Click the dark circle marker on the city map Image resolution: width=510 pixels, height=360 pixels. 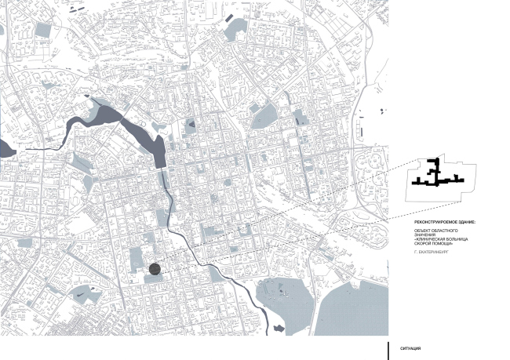[155, 269]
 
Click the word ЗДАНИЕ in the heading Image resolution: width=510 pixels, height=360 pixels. [467, 223]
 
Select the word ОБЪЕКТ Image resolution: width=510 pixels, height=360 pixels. [422, 231]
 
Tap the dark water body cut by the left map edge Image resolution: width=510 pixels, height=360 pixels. [4, 147]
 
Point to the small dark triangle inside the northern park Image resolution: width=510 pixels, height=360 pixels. [191, 123]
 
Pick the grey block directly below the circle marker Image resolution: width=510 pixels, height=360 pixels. [155, 282]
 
